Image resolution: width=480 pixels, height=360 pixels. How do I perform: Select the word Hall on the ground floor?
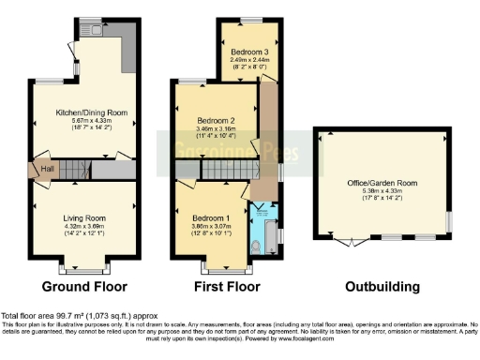coord(47,170)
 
